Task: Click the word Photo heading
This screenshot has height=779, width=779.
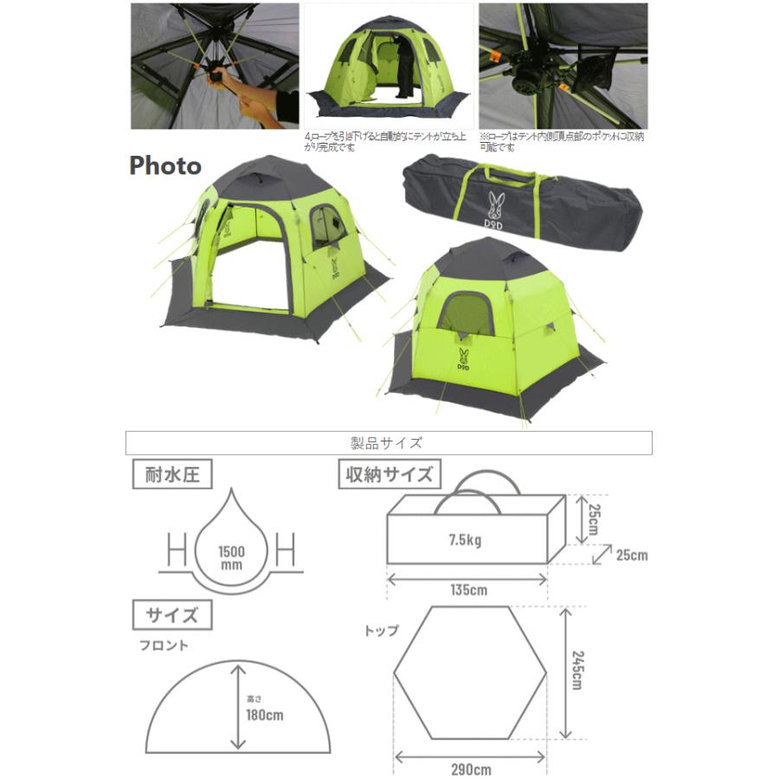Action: click(x=165, y=165)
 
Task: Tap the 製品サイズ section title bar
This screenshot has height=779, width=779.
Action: click(x=389, y=443)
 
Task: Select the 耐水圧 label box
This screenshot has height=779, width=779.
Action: click(x=172, y=475)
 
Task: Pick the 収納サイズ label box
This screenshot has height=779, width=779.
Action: click(x=389, y=475)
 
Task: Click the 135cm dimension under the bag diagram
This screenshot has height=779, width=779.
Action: click(x=467, y=591)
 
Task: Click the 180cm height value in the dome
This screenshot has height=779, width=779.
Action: click(x=263, y=715)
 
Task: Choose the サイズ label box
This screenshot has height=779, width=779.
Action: click(x=172, y=615)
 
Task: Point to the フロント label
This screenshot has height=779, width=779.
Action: click(x=164, y=646)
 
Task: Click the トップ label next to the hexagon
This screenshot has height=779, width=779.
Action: click(x=382, y=630)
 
